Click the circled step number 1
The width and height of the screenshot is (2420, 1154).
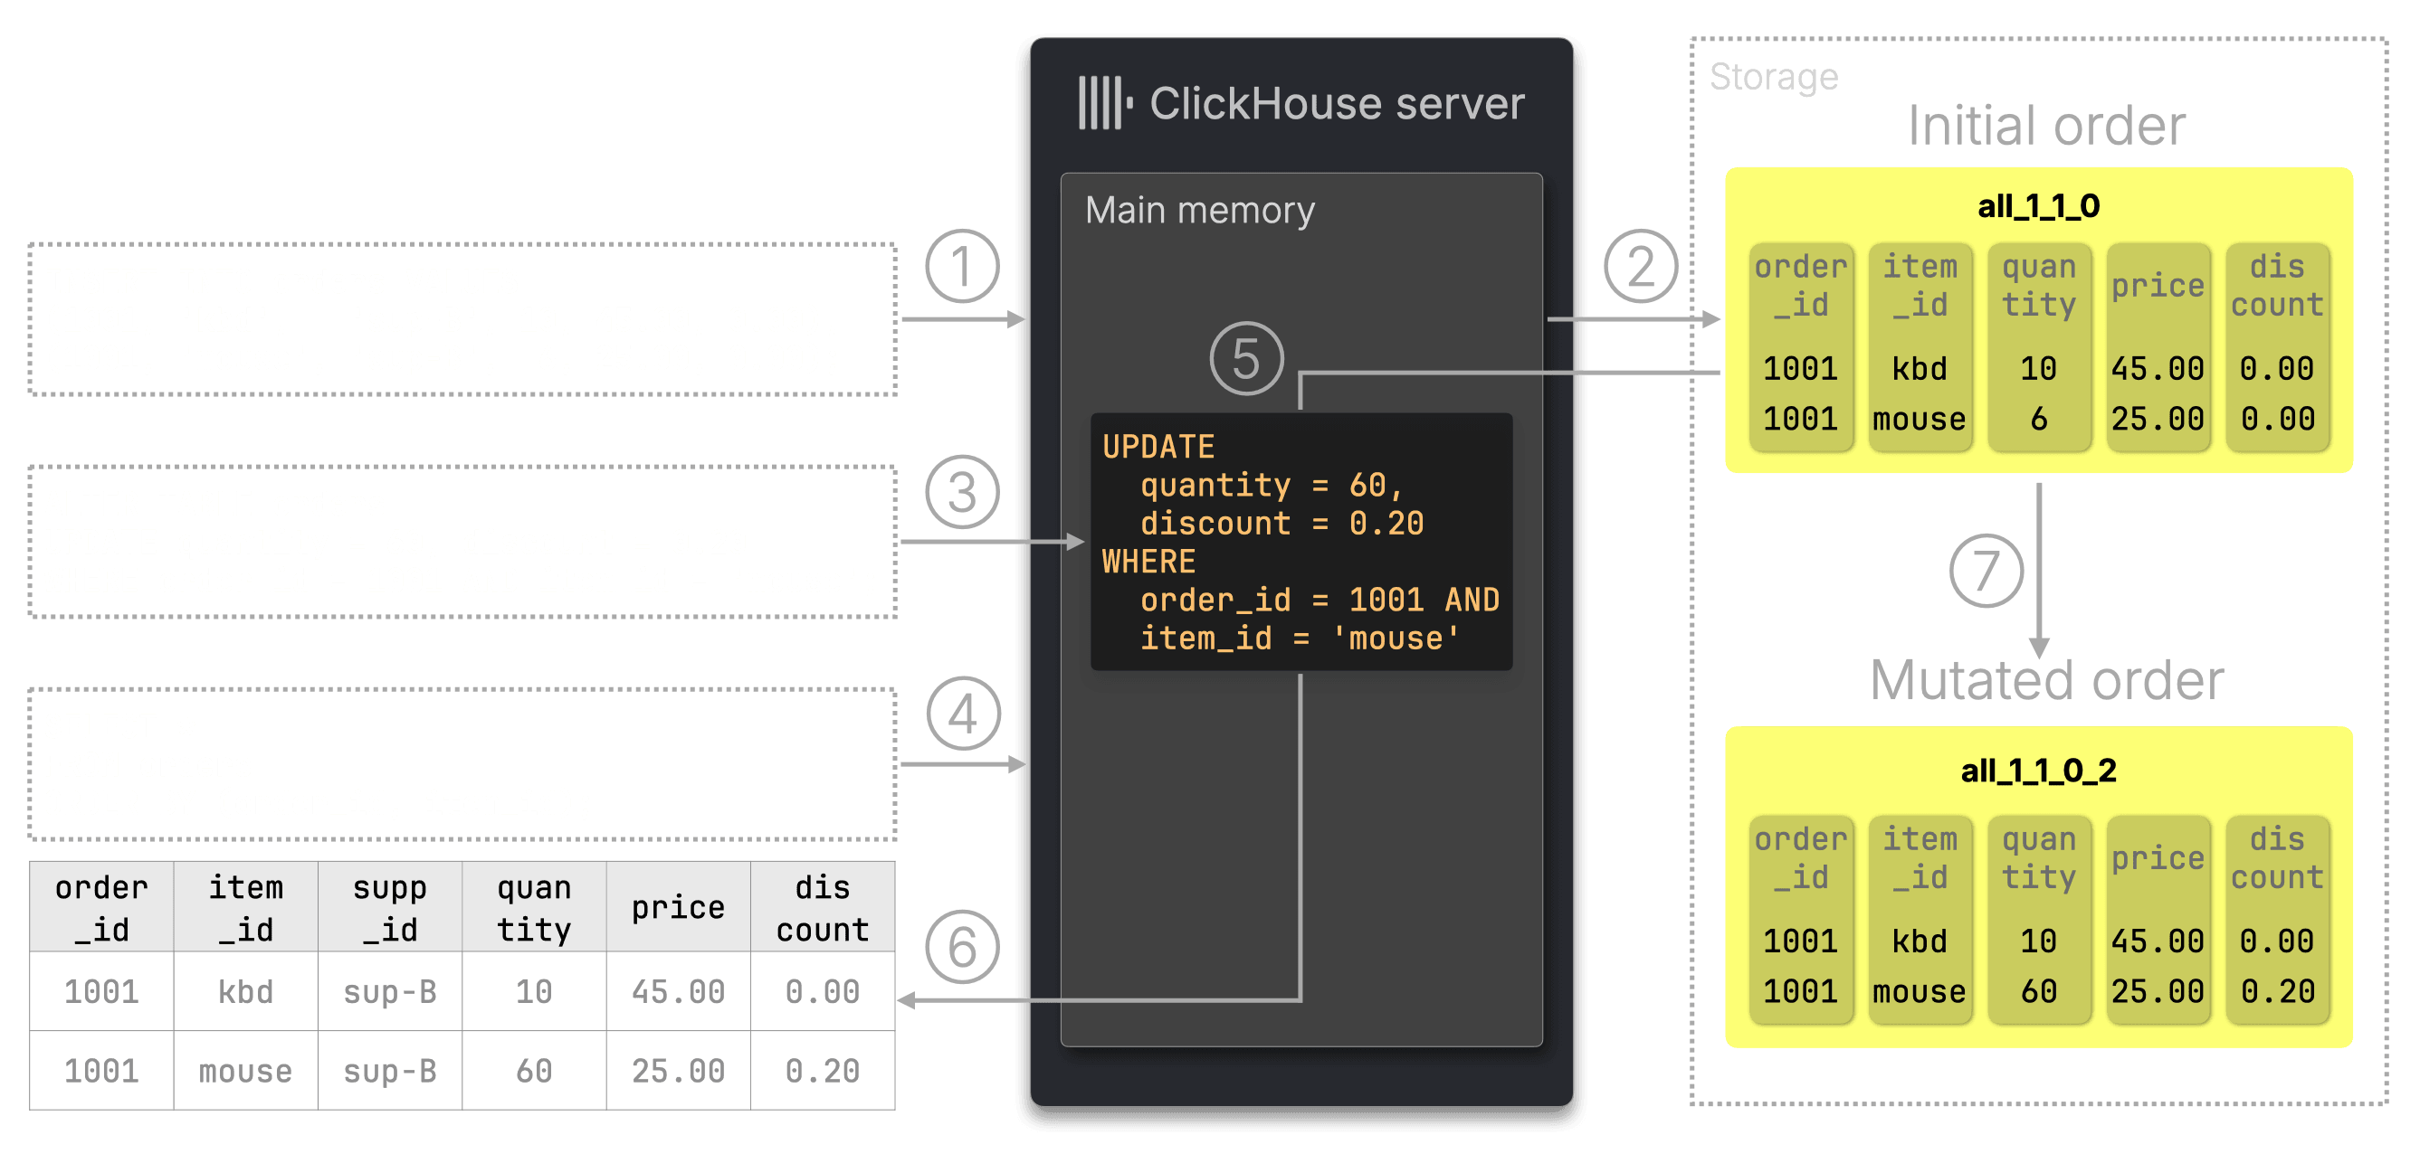961,267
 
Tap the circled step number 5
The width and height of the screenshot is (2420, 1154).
1245,359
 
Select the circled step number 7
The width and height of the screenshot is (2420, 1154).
1985,571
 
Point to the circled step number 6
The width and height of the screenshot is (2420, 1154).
961,947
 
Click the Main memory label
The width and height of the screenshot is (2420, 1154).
1199,211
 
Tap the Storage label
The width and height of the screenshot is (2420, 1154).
1773,77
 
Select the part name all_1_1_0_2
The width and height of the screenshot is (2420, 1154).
2038,771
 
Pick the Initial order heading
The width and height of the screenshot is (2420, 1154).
2045,126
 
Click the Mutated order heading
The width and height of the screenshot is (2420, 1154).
2045,680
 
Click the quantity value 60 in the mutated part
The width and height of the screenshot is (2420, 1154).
2038,991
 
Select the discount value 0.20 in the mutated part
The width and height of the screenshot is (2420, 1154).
2276,991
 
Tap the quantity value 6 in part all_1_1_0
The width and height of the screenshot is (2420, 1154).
2038,419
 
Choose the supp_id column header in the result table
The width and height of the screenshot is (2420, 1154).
390,908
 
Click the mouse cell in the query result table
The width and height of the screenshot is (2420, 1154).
245,1072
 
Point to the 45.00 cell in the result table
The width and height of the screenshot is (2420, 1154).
677,991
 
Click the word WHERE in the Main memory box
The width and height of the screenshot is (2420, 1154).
1148,562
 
